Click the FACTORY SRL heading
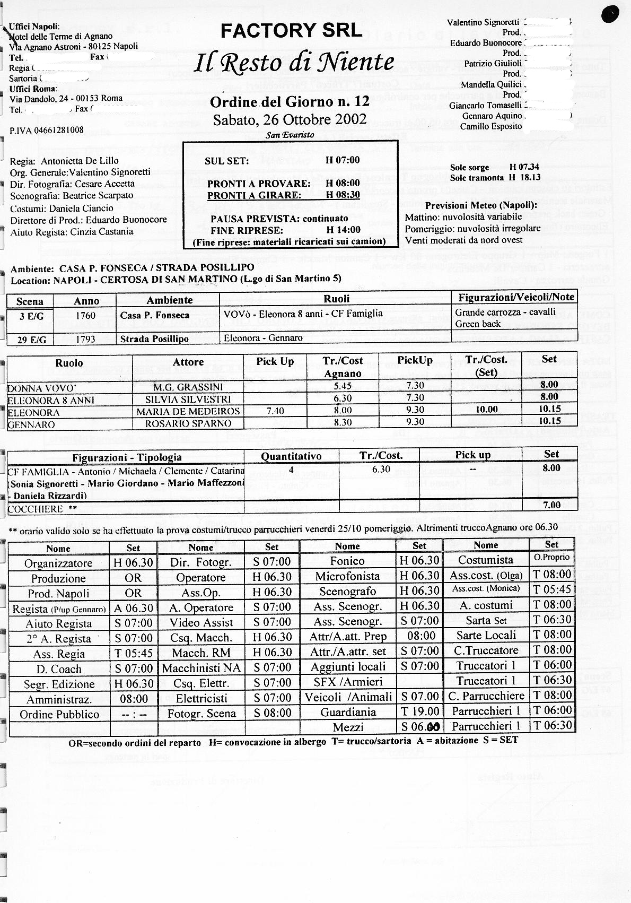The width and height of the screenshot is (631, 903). tap(291, 31)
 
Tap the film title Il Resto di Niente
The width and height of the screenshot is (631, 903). tap(294, 63)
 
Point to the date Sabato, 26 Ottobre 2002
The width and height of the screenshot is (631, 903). tap(290, 119)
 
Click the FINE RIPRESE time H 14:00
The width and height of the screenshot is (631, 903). tap(343, 230)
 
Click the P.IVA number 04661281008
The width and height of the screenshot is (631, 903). tap(47, 130)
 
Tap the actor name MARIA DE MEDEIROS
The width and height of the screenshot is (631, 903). tap(188, 412)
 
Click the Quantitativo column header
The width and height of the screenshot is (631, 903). tap(291, 456)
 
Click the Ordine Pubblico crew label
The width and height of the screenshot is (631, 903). tap(59, 714)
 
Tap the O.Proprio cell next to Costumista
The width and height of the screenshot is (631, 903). tap(551, 558)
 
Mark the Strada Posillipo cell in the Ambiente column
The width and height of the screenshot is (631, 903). tap(154, 338)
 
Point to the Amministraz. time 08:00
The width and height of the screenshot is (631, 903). tap(134, 699)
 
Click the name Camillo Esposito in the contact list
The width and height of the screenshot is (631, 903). tap(491, 126)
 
